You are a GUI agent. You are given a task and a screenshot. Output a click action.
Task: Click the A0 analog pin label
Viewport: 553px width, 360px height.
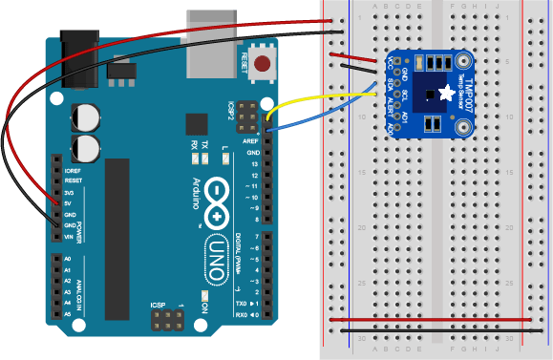67,259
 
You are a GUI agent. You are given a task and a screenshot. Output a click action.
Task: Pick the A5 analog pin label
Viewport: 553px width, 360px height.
67,313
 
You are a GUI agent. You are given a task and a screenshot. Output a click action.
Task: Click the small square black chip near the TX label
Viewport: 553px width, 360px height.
197,125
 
